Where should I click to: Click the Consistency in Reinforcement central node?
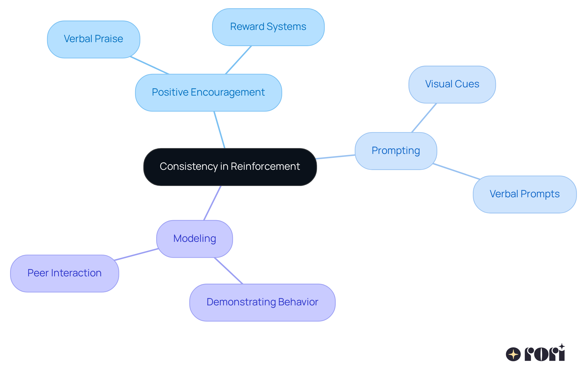click(x=230, y=167)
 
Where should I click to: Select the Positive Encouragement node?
click(x=209, y=93)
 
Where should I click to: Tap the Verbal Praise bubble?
click(x=94, y=39)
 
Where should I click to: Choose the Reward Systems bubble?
click(x=268, y=27)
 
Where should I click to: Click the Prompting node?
click(x=396, y=151)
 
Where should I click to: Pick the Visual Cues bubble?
click(x=452, y=84)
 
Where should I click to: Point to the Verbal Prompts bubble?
click(x=525, y=194)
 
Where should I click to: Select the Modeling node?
click(x=194, y=239)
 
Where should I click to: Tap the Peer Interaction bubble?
click(x=65, y=273)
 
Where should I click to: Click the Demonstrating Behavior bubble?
click(x=262, y=302)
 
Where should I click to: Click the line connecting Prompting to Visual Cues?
click(x=424, y=118)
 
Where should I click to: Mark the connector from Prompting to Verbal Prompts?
click(x=456, y=171)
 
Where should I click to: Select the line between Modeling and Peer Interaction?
click(x=136, y=255)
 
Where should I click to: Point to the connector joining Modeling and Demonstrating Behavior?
click(x=228, y=271)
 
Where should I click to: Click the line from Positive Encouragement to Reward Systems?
click(x=238, y=60)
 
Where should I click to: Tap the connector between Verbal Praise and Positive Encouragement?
click(x=150, y=65)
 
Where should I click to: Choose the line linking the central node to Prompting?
click(x=336, y=157)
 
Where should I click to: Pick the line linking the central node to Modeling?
click(x=212, y=203)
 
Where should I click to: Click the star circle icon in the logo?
click(x=513, y=355)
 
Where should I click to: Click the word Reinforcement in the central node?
click(x=265, y=167)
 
